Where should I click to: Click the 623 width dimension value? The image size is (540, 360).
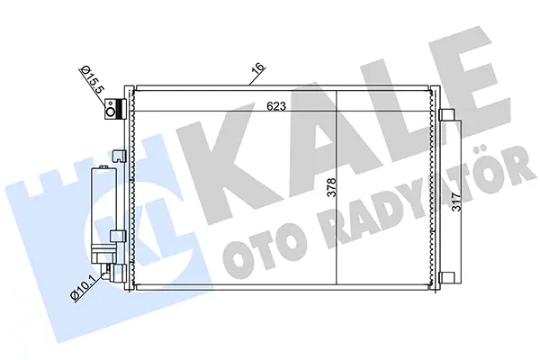coord(276,106)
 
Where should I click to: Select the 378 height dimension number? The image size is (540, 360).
coord(331,188)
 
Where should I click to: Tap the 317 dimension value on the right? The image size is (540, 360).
coord(456,202)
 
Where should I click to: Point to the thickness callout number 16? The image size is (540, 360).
coord(258,68)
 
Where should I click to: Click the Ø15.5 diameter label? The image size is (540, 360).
coord(92,81)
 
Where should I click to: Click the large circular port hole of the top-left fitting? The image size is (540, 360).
coord(111,112)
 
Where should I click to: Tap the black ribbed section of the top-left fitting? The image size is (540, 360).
coord(120,109)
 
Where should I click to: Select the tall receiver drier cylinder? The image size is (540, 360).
coord(103,206)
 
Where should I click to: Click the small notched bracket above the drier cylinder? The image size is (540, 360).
coord(121,156)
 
